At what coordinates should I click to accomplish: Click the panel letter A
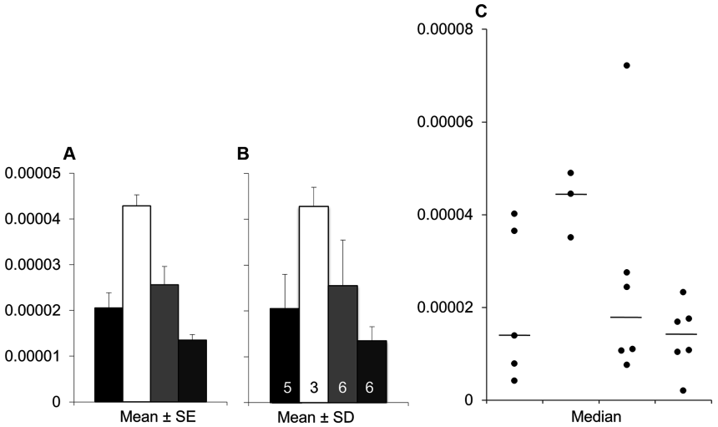pos(70,153)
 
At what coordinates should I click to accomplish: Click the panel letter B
pos(244,153)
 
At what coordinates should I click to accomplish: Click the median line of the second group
pos(571,194)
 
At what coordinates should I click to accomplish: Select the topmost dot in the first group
pos(514,214)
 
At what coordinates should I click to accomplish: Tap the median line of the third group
pos(626,318)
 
